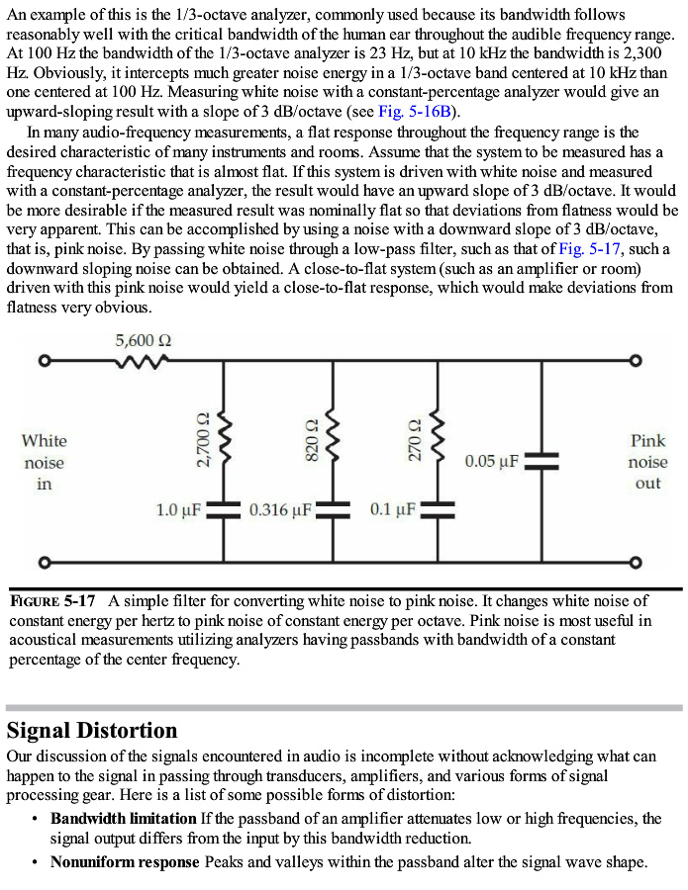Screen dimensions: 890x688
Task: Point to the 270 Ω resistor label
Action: tap(415, 440)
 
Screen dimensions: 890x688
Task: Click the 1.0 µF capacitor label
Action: tap(179, 510)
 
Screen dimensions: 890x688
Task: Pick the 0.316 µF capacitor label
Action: tap(281, 510)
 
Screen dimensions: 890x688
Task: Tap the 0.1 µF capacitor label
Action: tap(393, 510)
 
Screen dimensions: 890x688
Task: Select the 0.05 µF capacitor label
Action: tap(492, 461)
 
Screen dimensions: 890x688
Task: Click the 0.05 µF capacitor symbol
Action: tap(541, 461)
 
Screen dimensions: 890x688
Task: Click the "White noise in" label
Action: tap(44, 462)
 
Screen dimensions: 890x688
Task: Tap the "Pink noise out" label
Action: tap(647, 462)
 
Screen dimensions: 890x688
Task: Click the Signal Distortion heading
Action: tap(92, 731)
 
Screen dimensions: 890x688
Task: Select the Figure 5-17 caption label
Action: tap(52, 600)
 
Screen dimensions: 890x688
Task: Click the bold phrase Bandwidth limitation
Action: tap(124, 819)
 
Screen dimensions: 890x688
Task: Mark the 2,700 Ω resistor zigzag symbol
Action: tap(225, 435)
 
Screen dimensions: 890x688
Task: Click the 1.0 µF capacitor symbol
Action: tap(225, 510)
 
